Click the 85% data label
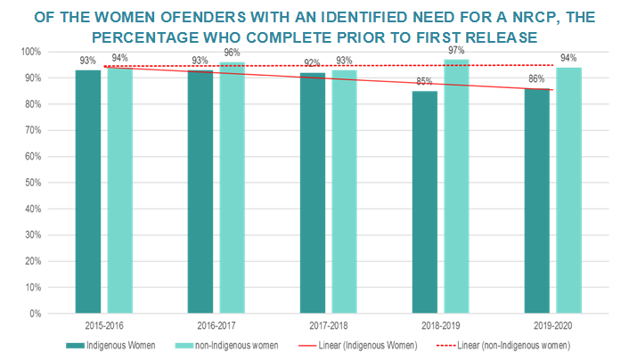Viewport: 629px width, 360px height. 424,83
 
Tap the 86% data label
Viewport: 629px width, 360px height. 536,80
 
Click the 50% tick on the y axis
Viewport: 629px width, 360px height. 33,183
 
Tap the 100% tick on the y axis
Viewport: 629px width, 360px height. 31,52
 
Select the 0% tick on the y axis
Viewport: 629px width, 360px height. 36,314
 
